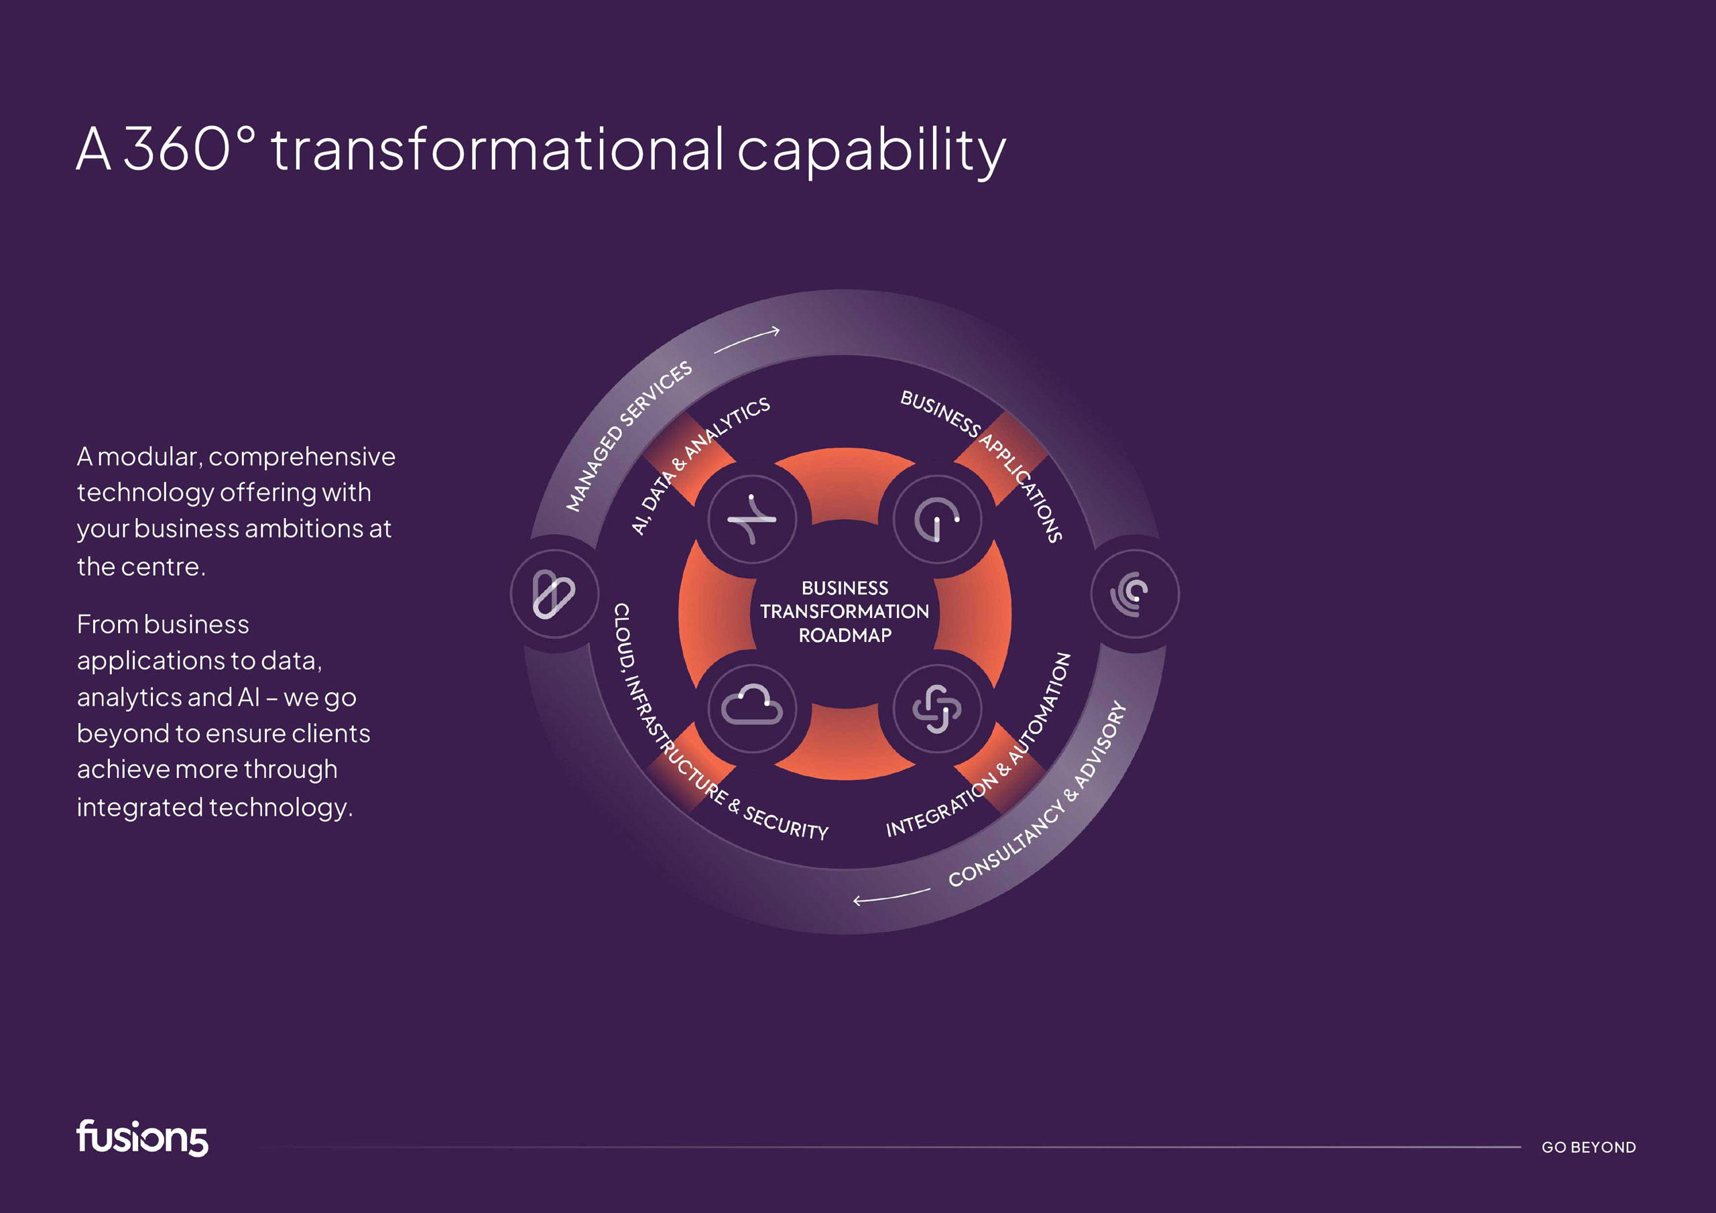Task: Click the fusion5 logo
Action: [x=142, y=1137]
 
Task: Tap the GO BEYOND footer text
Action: [x=1588, y=1147]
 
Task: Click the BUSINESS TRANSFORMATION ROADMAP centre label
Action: [x=845, y=611]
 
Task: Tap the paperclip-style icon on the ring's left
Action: [x=554, y=594]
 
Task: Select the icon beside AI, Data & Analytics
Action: [x=752, y=519]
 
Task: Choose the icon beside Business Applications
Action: [x=937, y=519]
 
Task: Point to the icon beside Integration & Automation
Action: [x=937, y=708]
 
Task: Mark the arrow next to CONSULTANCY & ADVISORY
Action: [x=892, y=897]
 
